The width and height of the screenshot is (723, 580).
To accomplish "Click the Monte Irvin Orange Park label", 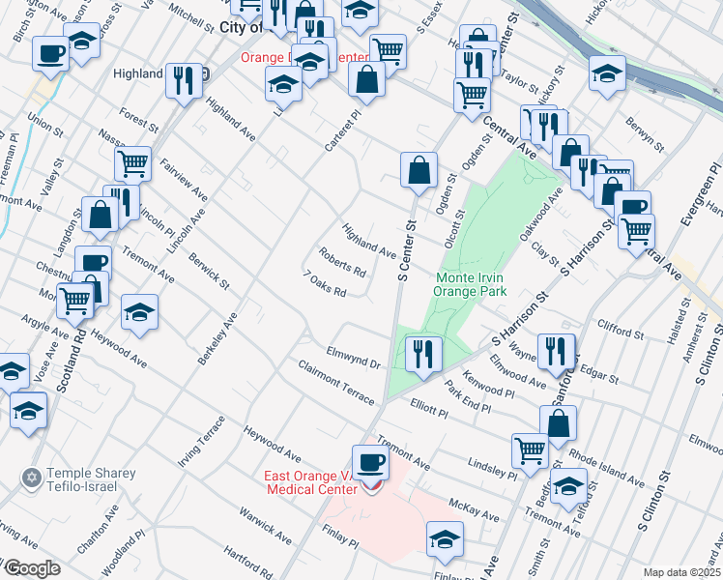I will (458, 282).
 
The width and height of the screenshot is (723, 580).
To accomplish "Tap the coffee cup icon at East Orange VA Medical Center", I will (370, 462).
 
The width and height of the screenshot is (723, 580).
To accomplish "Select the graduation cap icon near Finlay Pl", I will (445, 538).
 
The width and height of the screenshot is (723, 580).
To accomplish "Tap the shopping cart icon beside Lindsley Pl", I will (529, 449).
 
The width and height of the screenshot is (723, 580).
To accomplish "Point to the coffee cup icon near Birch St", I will (50, 54).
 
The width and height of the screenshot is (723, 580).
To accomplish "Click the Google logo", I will (32, 568).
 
